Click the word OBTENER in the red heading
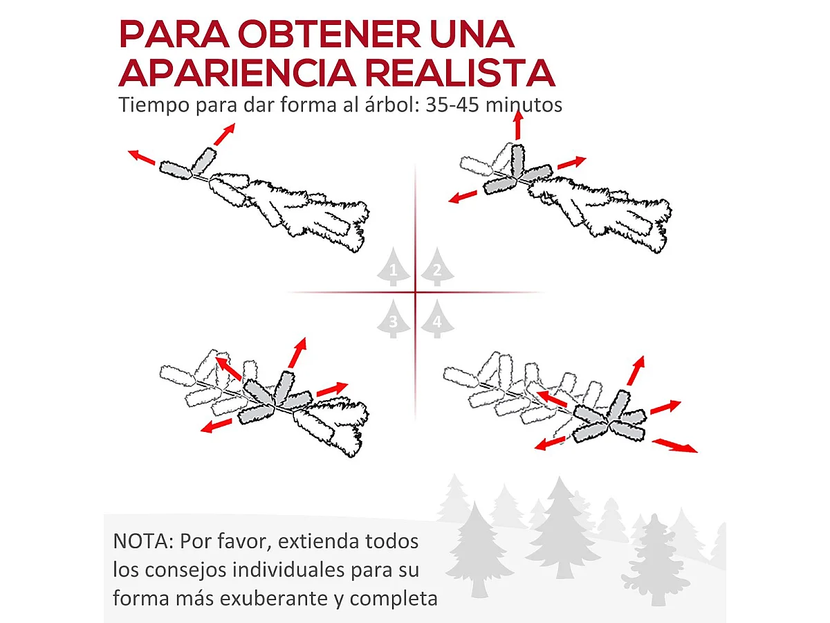click(x=329, y=35)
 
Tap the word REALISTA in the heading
click(x=460, y=73)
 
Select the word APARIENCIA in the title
click(x=237, y=73)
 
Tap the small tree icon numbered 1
click(x=394, y=267)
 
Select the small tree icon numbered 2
click(x=438, y=267)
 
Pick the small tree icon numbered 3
click(x=394, y=318)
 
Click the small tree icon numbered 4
click(x=438, y=318)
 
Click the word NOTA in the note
click(x=140, y=541)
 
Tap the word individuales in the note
click(x=288, y=570)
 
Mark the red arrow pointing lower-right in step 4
click(x=675, y=445)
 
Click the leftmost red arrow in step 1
click(x=141, y=157)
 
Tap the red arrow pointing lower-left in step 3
click(x=216, y=426)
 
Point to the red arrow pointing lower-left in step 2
click(x=463, y=197)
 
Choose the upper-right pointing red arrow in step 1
click(x=224, y=134)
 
